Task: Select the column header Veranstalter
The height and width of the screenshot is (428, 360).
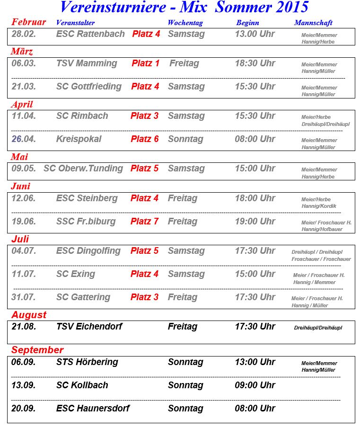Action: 75,23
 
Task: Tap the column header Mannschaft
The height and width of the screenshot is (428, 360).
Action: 313,23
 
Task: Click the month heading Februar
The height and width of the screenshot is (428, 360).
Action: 29,22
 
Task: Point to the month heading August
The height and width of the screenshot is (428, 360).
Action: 29,315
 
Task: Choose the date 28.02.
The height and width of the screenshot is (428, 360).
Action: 24,34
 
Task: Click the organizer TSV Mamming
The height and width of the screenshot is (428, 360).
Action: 87,63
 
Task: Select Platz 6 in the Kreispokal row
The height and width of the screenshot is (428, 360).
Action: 145,139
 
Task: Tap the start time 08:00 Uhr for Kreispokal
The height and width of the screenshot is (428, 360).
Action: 255,139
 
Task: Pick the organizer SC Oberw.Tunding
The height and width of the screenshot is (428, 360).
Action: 83,169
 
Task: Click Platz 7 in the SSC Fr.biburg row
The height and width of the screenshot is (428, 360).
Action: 145,222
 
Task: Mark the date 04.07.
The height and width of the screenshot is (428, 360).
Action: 24,251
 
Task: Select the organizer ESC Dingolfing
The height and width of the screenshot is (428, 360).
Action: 88,251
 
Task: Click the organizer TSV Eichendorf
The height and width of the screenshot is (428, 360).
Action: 89,327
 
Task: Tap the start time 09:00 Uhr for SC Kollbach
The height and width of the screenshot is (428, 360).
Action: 255,385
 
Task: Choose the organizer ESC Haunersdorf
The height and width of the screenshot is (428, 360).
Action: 93,409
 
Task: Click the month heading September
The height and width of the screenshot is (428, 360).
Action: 37,350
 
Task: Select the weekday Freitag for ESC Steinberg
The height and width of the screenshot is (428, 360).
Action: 183,198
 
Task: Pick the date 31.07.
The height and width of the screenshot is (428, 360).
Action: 24,297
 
